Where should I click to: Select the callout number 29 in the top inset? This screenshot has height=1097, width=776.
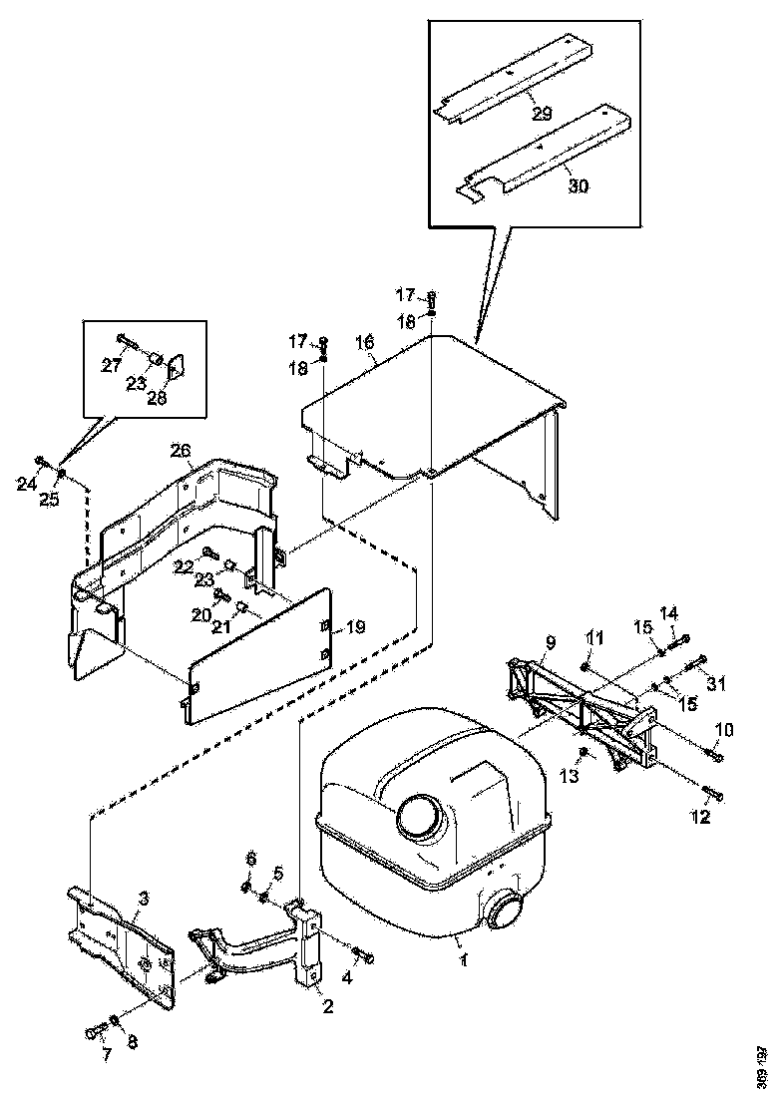[x=542, y=115]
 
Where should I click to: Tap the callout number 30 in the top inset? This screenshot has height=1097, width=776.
[x=578, y=184]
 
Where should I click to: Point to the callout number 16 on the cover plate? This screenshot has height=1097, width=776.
[x=365, y=342]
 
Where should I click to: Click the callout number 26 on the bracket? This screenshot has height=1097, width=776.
[x=180, y=451]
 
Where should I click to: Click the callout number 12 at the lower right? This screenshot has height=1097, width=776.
[x=701, y=818]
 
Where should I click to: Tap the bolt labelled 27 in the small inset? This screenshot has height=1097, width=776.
[x=124, y=340]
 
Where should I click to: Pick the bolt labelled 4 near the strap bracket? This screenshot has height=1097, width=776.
[x=363, y=957]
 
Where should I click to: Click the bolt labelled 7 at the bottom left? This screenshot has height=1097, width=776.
[x=96, y=1028]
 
